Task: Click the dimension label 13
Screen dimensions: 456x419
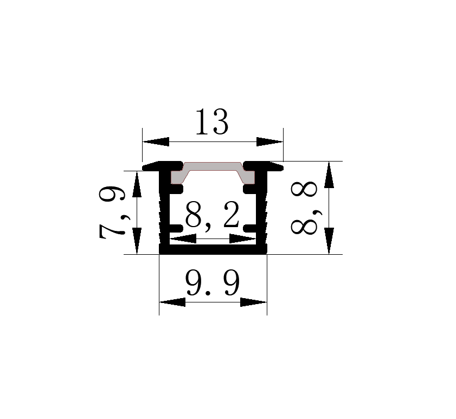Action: coord(213,122)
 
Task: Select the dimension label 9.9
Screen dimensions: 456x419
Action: coord(213,282)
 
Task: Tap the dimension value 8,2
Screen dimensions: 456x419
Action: coord(213,215)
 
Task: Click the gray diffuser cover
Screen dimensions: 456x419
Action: coord(213,173)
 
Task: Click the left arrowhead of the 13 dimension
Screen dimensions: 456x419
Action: coord(156,142)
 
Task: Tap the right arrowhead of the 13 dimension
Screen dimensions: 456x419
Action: coord(269,142)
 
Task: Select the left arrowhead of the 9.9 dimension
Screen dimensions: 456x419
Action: coord(172,302)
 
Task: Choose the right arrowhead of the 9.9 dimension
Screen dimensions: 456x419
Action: coord(254,302)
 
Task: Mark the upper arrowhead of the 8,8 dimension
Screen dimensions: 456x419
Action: coord(329,175)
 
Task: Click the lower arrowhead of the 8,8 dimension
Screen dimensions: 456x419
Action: coord(329,241)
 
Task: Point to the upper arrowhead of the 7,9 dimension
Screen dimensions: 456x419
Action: coord(137,184)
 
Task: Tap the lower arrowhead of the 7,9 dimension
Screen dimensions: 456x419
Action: coord(137,241)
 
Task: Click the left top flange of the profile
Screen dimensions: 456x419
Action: coord(162,166)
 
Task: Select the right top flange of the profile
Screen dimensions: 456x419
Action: coord(264,166)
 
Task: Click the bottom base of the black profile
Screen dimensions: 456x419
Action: coord(213,249)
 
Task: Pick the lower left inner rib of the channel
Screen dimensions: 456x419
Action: coord(176,228)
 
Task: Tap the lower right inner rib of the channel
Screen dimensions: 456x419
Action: coord(250,228)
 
